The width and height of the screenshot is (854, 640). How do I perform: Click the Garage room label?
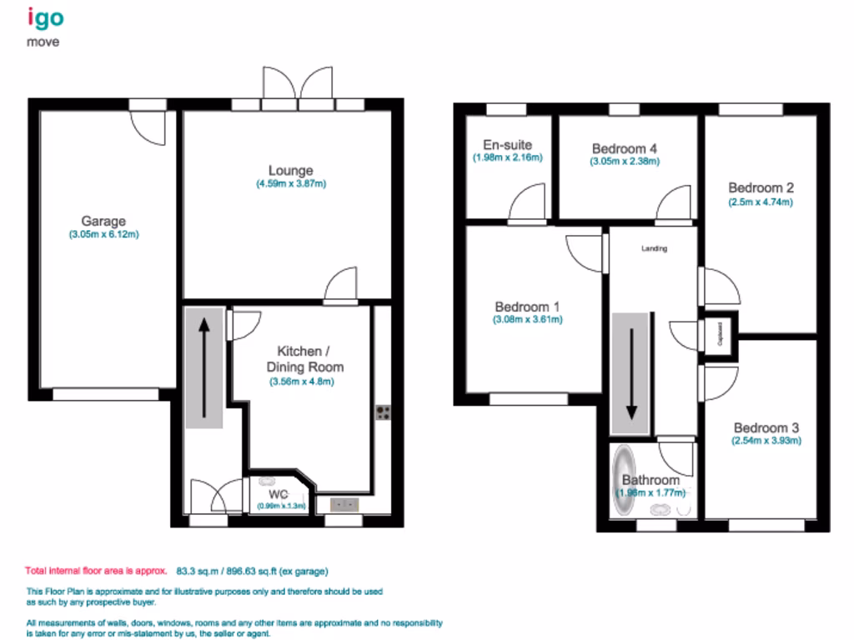coord(103,221)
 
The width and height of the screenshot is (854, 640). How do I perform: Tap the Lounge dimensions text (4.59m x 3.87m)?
coord(291,183)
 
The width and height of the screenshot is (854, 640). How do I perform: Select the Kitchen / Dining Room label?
coord(304,360)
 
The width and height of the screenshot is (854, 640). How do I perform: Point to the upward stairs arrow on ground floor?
coord(204,367)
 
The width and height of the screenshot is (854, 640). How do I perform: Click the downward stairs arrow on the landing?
coord(631,372)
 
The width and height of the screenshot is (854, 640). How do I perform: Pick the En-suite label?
coord(508,145)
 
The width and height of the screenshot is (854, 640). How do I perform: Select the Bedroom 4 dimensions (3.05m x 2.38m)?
coord(625,161)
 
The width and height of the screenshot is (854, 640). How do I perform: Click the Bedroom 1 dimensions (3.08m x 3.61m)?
coord(528,318)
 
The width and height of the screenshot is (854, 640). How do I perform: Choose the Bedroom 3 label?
coord(766,427)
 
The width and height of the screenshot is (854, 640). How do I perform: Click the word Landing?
coord(654,248)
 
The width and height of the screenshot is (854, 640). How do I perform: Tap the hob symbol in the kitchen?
coord(384,414)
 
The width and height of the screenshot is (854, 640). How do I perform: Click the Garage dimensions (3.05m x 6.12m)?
coord(103,234)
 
